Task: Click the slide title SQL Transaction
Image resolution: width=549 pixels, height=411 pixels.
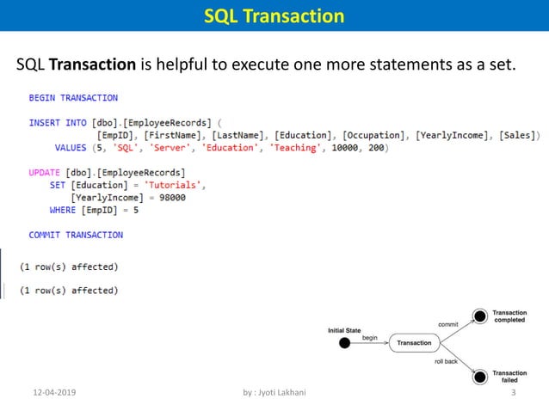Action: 274,16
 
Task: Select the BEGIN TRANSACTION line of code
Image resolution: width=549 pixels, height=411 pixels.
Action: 73,98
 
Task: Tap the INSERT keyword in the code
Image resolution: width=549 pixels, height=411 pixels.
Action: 45,123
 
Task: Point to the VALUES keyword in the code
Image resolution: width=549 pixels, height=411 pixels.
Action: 71,148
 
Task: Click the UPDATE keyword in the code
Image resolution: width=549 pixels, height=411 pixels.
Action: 45,173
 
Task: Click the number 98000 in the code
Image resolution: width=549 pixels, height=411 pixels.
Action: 168,198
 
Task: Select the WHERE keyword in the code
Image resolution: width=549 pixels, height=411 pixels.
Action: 63,210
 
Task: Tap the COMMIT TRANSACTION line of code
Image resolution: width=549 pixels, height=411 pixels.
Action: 76,235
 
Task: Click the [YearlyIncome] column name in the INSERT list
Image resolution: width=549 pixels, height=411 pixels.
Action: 449,136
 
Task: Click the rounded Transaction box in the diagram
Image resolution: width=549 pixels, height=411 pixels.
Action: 414,343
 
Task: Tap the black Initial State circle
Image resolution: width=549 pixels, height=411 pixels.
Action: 345,343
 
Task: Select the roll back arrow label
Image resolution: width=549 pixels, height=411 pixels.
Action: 446,362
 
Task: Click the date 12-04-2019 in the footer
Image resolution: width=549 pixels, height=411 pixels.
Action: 53,393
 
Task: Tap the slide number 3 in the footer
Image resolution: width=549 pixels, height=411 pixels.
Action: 513,393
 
